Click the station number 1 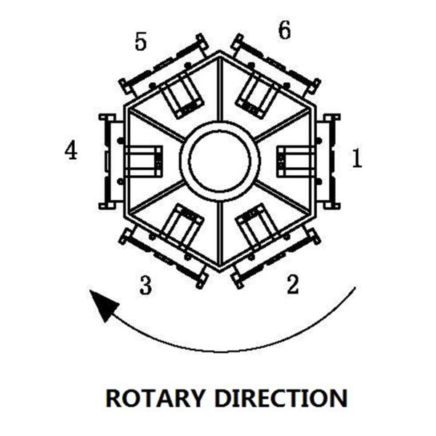(x=356, y=158)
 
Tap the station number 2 (x=292, y=285)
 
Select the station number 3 (x=145, y=286)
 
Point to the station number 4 (x=70, y=150)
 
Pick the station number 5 (x=140, y=42)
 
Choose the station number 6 (x=284, y=31)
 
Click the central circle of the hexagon (x=219, y=160)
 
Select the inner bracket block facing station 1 (x=294, y=161)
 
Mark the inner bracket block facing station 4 (x=144, y=161)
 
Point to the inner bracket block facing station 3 (x=181, y=225)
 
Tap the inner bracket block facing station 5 (x=179, y=95)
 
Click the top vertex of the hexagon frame (x=220, y=52)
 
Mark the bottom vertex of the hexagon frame (x=219, y=270)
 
